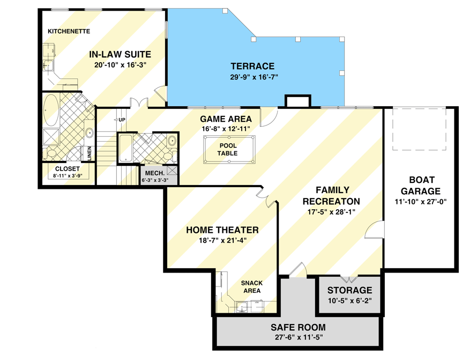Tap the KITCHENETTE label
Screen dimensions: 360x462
click(x=69, y=31)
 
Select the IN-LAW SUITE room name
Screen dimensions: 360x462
click(x=120, y=54)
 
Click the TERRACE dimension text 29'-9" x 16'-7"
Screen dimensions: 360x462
click(x=254, y=77)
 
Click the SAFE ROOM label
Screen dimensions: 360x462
click(x=298, y=327)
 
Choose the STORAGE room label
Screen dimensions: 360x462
click(x=349, y=290)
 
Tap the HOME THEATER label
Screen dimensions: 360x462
click(x=222, y=230)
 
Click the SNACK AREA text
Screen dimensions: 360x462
click(x=250, y=287)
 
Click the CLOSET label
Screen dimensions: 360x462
click(x=67, y=168)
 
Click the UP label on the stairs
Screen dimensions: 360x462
click(x=121, y=119)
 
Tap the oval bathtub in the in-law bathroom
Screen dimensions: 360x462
click(x=51, y=110)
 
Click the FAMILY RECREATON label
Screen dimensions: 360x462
click(x=332, y=195)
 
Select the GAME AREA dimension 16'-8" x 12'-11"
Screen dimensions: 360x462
click(x=226, y=128)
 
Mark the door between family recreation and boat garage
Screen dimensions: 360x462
click(x=376, y=233)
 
